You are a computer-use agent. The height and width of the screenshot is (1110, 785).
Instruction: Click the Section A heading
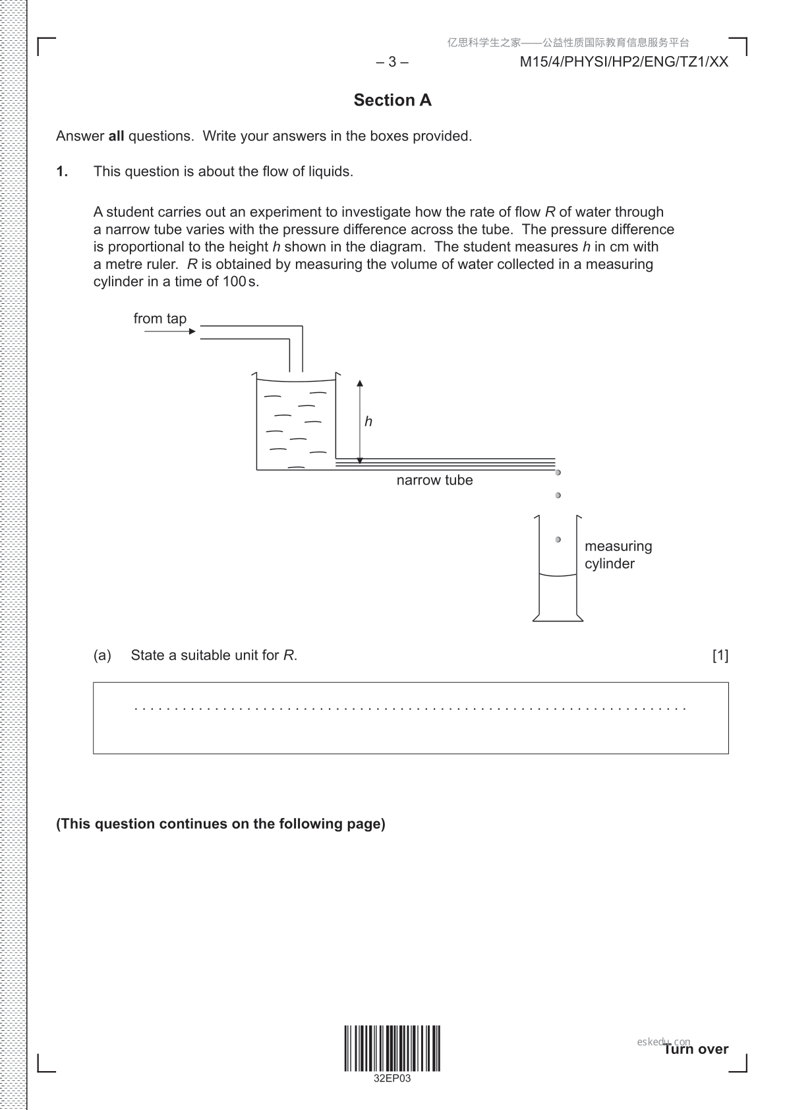[x=392, y=100]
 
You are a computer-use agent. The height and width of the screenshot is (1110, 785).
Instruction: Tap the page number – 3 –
[x=392, y=62]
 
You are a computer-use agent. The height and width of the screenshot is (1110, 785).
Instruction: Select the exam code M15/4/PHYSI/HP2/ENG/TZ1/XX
[x=624, y=62]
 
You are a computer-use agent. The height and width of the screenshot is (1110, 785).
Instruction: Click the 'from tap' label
[x=160, y=318]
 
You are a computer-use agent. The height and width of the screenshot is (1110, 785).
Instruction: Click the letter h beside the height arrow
[x=368, y=422]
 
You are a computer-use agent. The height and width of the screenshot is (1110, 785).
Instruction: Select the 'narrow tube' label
[x=434, y=480]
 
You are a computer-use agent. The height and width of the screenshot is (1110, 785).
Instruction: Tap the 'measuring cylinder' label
[x=618, y=554]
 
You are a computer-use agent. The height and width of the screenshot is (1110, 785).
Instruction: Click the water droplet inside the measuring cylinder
[x=558, y=539]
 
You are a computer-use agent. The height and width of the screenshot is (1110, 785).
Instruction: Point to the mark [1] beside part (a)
[x=720, y=655]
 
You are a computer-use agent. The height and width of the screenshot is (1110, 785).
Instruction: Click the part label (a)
[x=102, y=655]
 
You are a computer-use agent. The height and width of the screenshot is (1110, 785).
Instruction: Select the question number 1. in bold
[x=62, y=171]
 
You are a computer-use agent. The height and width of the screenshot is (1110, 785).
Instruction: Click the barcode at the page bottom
[x=392, y=1048]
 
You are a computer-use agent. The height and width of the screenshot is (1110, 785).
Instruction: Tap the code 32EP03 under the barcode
[x=392, y=1079]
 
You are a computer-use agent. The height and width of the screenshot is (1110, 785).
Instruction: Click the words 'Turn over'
[x=696, y=1049]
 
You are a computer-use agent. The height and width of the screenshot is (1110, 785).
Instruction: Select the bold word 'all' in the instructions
[x=116, y=136]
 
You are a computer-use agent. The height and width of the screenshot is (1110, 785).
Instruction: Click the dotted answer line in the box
[x=410, y=709]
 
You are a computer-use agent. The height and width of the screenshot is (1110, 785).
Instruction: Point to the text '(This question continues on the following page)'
[x=221, y=824]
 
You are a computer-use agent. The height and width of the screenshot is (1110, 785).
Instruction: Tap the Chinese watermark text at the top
[x=568, y=43]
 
